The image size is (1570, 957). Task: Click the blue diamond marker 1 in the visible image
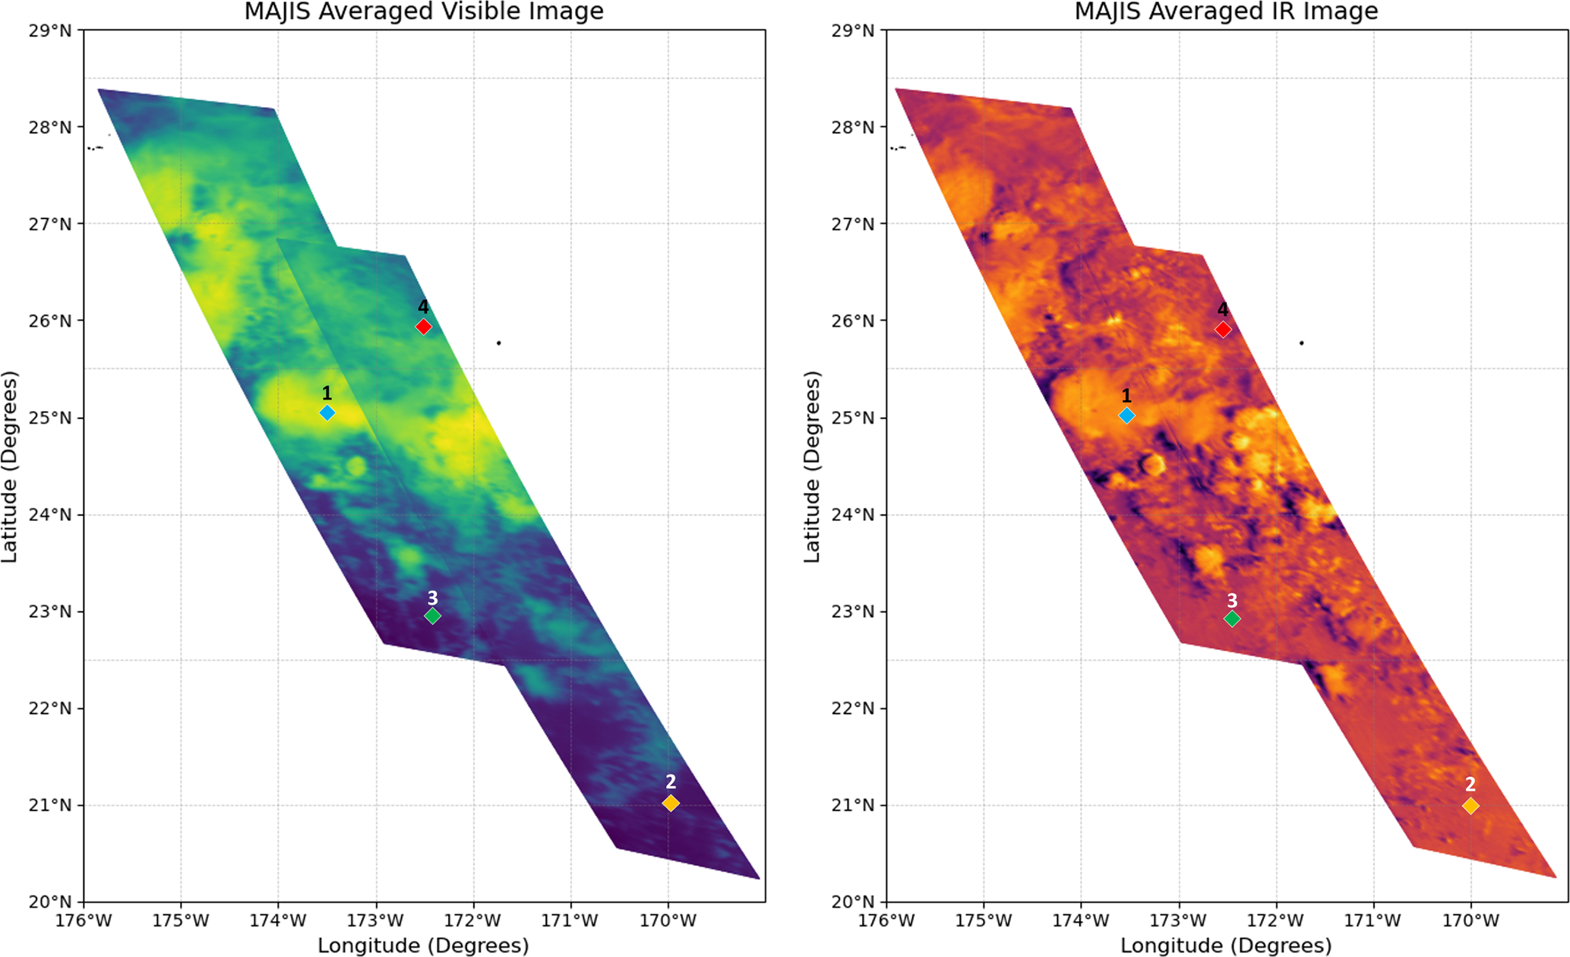[327, 412]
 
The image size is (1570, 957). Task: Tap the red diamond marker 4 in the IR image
[1223, 329]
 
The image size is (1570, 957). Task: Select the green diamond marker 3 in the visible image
[432, 616]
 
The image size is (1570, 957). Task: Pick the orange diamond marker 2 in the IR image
[1470, 806]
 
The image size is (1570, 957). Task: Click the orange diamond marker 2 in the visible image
[671, 803]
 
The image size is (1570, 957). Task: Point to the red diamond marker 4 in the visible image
[424, 327]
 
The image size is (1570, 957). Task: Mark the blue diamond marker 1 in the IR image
[1126, 415]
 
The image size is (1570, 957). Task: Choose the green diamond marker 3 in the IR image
[1232, 619]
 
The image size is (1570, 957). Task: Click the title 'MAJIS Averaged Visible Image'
[424, 11]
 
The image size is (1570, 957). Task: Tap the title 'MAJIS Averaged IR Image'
[1226, 11]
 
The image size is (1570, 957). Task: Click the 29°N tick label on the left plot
[50, 31]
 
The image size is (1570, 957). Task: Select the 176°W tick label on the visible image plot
[84, 921]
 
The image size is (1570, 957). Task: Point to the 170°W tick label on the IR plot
[1470, 921]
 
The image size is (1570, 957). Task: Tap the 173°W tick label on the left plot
[376, 921]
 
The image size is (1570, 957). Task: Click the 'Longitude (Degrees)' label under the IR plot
[1226, 946]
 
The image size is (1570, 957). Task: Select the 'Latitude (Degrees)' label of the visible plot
[9, 466]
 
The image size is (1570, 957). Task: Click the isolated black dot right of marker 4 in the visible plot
[498, 343]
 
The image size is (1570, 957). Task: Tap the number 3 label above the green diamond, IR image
[1232, 601]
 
